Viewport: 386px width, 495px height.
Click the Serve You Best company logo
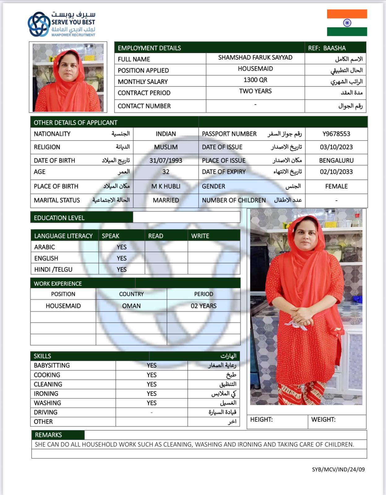pyautogui.click(x=61, y=24)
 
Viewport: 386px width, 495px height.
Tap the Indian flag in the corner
pyautogui.click(x=347, y=23)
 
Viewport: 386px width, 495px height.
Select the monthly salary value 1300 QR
pyautogui.click(x=255, y=80)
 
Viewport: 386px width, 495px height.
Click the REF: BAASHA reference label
pyautogui.click(x=327, y=48)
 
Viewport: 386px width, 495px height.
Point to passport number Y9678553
pyautogui.click(x=336, y=134)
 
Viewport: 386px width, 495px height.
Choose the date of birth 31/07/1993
pyautogui.click(x=165, y=161)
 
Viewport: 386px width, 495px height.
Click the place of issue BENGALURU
pyautogui.click(x=336, y=161)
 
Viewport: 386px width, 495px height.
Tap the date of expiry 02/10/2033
pyautogui.click(x=336, y=172)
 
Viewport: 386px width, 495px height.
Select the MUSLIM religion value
pyautogui.click(x=165, y=147)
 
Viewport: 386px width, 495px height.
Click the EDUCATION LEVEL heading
pyautogui.click(x=59, y=218)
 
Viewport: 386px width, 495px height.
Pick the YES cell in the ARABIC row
pyautogui.click(x=122, y=247)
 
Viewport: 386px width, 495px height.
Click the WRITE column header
pyautogui.click(x=200, y=236)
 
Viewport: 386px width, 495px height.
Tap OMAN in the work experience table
pyautogui.click(x=131, y=306)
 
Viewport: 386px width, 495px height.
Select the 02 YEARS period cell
pyautogui.click(x=204, y=306)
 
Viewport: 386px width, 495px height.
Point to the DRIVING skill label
pyautogui.click(x=45, y=412)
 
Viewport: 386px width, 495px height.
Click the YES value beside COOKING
pyautogui.click(x=152, y=375)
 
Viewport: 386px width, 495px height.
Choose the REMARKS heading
pyautogui.click(x=48, y=435)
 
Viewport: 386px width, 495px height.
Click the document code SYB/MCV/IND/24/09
pyautogui.click(x=338, y=469)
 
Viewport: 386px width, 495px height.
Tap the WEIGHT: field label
pyautogui.click(x=323, y=420)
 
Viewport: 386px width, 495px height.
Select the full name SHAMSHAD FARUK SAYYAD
pyautogui.click(x=255, y=58)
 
